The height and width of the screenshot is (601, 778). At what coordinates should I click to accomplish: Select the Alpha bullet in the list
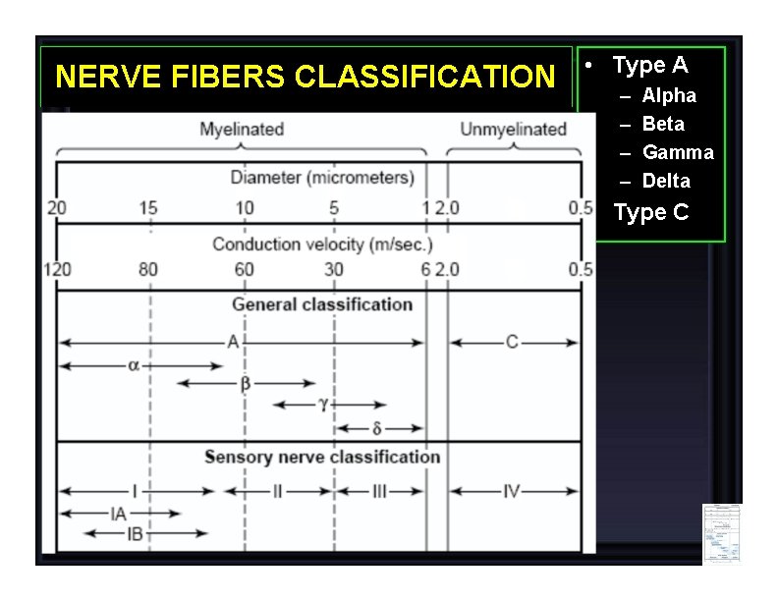point(669,95)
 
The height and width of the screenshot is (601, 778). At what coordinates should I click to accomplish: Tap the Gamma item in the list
point(678,152)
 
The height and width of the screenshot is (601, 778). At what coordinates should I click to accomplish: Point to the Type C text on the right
point(651,212)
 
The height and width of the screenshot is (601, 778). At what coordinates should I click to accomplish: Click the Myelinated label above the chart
point(242,129)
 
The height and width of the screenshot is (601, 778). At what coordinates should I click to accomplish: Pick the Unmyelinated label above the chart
point(514,129)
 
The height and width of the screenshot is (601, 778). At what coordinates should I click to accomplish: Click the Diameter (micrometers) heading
point(322,178)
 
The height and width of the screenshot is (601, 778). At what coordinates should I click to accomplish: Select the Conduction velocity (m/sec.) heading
point(322,244)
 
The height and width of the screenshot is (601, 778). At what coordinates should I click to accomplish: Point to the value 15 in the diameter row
point(149,207)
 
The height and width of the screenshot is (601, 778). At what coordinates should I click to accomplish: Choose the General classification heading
point(322,304)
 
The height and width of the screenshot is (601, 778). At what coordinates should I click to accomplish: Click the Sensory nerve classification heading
point(322,457)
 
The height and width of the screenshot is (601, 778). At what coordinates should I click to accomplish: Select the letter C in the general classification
point(512,342)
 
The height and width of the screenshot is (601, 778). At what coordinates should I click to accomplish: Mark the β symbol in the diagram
point(246,383)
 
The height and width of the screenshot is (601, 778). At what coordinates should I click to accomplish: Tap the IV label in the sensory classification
point(511,491)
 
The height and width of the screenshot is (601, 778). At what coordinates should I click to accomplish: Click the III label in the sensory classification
point(379,491)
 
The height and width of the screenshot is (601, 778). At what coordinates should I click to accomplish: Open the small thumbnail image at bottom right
point(721,532)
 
